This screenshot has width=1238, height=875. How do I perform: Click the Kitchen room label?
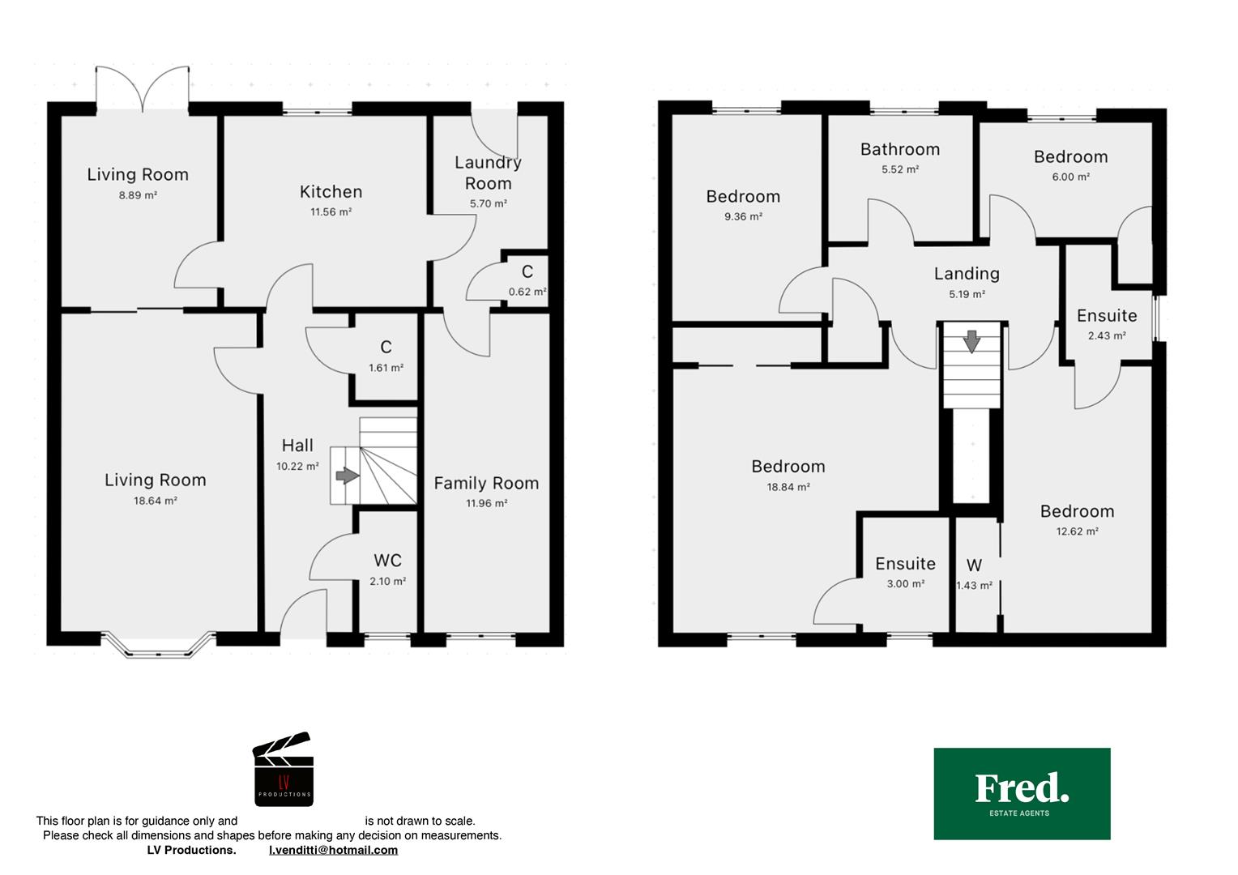click(x=331, y=192)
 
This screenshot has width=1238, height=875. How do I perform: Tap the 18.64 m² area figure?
click(x=156, y=501)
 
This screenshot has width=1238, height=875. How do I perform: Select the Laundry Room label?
click(x=488, y=173)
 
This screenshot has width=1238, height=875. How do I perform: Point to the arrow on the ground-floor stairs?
click(x=347, y=476)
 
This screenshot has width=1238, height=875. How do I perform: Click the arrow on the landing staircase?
click(x=971, y=341)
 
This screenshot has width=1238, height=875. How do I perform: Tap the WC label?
click(x=387, y=561)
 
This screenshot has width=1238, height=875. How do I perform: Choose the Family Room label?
click(x=486, y=483)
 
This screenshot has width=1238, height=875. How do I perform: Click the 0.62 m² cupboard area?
click(x=527, y=292)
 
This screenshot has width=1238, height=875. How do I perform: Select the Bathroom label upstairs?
click(x=900, y=149)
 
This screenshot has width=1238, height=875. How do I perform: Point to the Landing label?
click(x=967, y=274)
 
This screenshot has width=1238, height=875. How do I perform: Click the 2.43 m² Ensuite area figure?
click(x=1107, y=335)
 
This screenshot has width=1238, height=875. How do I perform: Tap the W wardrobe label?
click(x=975, y=565)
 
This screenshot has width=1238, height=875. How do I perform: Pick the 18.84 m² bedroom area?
click(x=788, y=487)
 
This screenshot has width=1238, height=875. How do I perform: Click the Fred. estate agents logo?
click(x=1022, y=794)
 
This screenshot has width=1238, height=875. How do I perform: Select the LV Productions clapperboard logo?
click(x=284, y=769)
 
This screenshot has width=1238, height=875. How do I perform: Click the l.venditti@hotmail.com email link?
click(x=333, y=850)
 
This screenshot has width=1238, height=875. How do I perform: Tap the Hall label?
click(x=297, y=446)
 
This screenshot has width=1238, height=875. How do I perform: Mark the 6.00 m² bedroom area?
click(x=1071, y=177)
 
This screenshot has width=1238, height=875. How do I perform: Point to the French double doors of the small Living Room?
click(x=143, y=88)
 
